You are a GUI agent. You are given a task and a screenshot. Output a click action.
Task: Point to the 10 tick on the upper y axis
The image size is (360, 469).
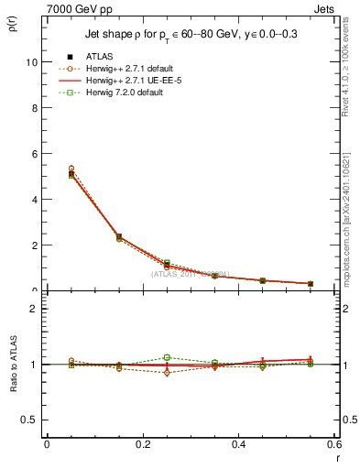tap(33, 62)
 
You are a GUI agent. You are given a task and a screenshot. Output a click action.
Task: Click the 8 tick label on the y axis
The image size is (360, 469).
tap(35, 108)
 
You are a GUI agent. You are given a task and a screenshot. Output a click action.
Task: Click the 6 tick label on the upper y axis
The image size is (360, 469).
tap(35, 154)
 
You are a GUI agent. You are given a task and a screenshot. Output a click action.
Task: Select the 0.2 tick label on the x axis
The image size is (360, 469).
tap(143, 444)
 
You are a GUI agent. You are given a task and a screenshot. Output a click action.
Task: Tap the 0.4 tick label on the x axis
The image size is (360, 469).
tap(239, 444)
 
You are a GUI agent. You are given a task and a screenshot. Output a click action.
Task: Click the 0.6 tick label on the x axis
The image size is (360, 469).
tap(333, 444)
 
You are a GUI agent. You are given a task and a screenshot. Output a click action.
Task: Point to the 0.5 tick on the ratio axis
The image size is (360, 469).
tap(31, 420)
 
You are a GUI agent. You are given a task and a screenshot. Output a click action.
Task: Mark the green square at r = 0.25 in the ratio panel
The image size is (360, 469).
tap(167, 357)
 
